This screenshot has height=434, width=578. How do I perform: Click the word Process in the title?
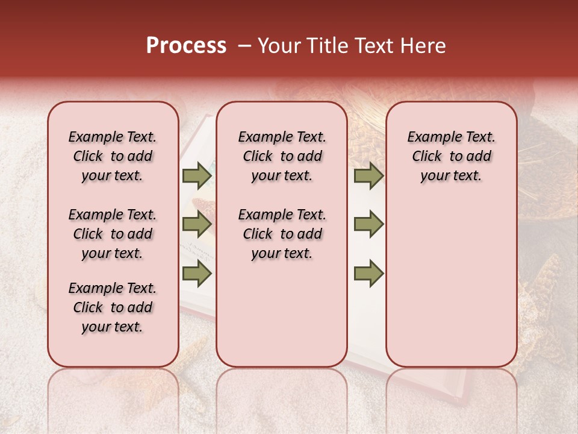186,46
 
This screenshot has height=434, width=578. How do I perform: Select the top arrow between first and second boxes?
196,175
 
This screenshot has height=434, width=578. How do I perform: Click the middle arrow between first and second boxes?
196,224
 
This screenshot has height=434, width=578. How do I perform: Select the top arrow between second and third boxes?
368,175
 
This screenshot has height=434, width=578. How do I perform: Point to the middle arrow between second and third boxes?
368,224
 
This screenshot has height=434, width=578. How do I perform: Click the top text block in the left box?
113,156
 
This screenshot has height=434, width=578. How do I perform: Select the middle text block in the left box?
113,234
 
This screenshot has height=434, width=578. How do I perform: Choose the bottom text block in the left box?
113,307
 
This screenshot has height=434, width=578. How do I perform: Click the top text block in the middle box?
282,156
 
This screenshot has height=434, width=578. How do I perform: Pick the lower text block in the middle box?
282,234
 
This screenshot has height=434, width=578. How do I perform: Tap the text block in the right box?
451,156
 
